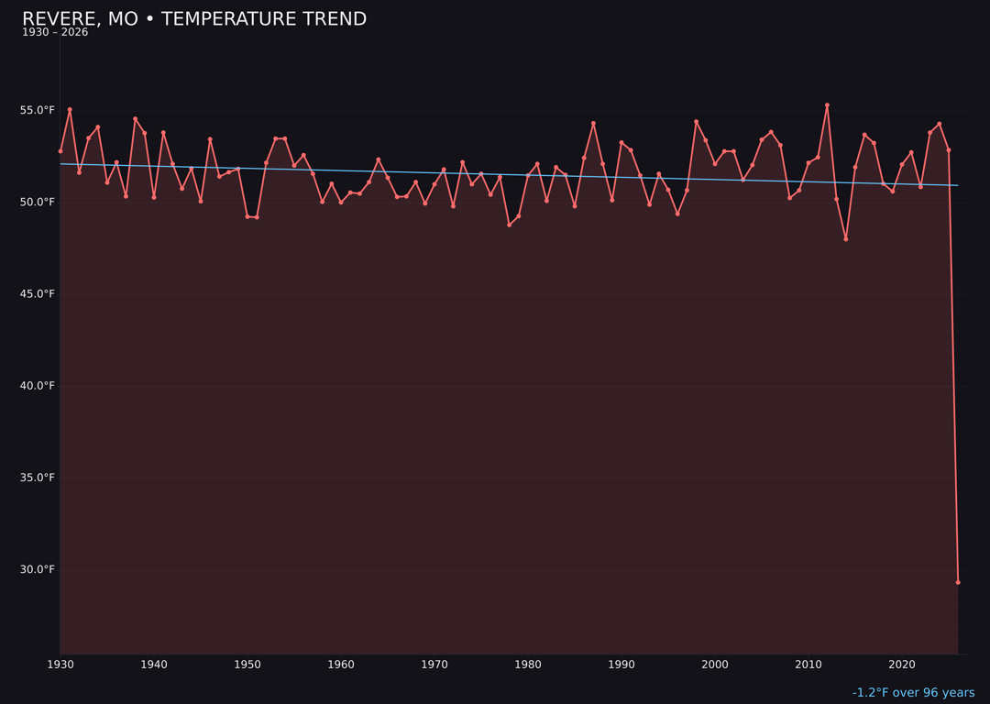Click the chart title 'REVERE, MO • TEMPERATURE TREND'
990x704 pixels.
coord(194,19)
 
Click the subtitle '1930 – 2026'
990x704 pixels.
coord(55,33)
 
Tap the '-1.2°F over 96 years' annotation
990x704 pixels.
coord(913,693)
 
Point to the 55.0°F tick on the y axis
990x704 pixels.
coord(38,110)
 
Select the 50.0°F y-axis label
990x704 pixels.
coord(38,202)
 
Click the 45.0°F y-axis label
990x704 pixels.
coord(38,294)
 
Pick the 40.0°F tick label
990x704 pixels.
coord(38,386)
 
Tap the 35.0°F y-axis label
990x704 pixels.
coord(38,478)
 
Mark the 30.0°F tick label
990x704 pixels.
coord(38,569)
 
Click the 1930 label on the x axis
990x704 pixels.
coord(60,665)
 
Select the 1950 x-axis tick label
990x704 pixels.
coord(247,665)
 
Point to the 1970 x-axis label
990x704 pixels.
coord(434,665)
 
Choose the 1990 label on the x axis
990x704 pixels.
coord(621,665)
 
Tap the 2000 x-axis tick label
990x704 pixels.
coord(715,665)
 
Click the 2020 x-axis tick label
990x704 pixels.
coord(902,665)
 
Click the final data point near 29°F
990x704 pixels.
coord(958,582)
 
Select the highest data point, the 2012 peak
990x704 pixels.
coord(827,105)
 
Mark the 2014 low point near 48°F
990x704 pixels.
coord(846,239)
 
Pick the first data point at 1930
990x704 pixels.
coord(60,151)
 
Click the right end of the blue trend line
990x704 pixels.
coord(958,185)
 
